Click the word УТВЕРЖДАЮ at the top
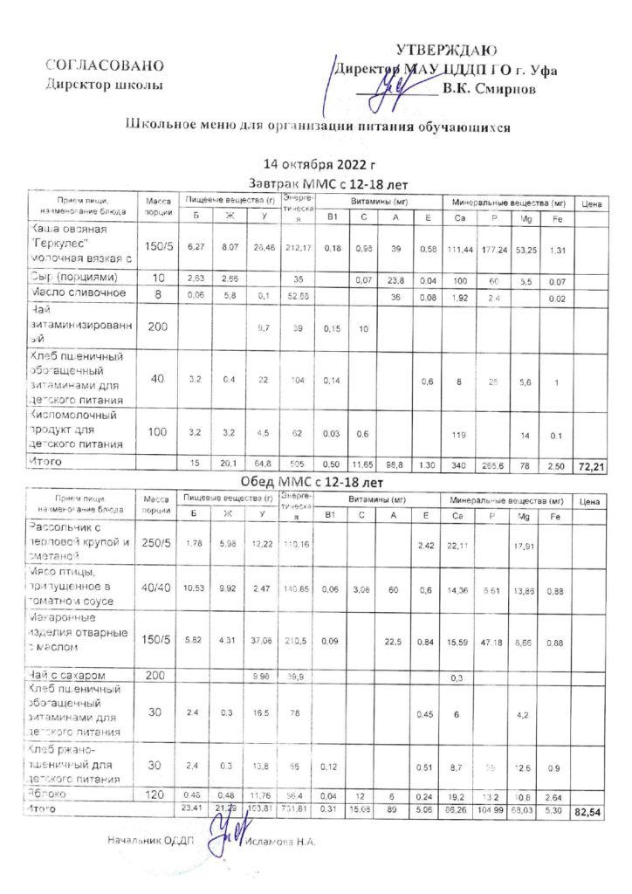447,51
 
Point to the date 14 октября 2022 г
319,163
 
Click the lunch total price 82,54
590,814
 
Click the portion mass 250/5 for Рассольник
158,544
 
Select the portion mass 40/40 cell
158,588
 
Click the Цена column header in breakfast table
590,203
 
